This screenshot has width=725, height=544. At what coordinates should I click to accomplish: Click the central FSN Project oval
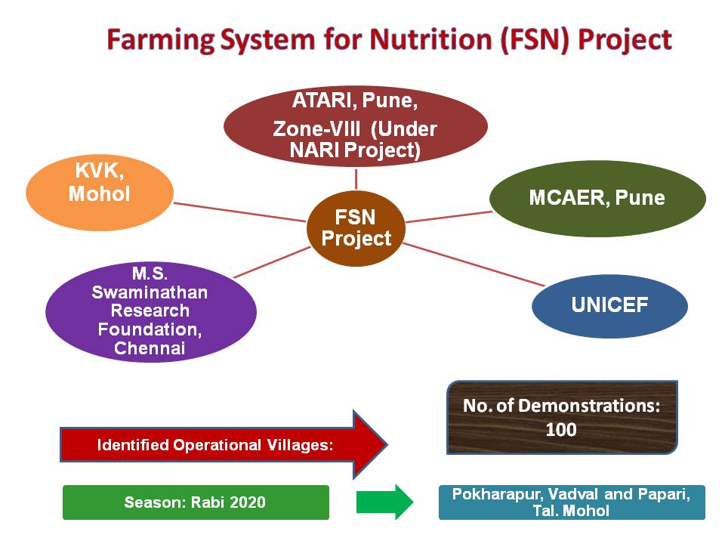click(356, 228)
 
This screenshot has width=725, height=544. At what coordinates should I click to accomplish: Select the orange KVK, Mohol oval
click(100, 193)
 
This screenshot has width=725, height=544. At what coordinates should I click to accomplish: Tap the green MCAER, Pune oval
click(597, 199)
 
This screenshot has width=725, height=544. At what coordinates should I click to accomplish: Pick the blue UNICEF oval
click(610, 306)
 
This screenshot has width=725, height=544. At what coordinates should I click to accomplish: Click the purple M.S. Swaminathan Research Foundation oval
click(151, 312)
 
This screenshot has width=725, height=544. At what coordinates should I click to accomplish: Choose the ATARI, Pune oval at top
click(356, 126)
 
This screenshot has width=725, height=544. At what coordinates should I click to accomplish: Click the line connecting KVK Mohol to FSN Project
click(240, 212)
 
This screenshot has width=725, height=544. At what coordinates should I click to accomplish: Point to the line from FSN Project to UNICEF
click(474, 264)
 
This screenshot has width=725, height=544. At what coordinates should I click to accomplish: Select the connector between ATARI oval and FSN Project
click(356, 179)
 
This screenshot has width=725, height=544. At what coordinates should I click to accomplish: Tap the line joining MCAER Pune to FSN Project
click(449, 217)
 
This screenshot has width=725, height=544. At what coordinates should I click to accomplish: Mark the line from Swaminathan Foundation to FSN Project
click(272, 262)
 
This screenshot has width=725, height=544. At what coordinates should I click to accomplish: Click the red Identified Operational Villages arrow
click(224, 444)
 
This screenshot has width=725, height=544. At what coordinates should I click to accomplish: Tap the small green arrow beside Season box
click(384, 502)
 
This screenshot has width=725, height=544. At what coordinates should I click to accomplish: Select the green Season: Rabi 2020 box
click(196, 502)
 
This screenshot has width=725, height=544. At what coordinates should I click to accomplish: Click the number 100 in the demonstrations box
click(561, 430)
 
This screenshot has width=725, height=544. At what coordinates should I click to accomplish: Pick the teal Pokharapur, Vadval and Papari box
click(572, 502)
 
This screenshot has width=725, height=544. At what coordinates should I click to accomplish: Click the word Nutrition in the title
click(431, 39)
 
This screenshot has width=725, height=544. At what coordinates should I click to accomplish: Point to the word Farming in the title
click(161, 41)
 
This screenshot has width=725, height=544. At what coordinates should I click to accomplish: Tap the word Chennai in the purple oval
click(150, 348)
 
